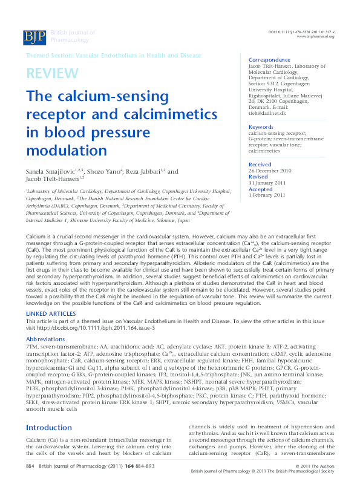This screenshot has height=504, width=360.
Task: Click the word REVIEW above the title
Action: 52,74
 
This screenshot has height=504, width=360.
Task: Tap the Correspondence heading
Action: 269,60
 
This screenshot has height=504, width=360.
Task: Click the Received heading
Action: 260,165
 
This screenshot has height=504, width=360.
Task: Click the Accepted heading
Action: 261,189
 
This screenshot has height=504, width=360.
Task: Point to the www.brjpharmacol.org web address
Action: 315,36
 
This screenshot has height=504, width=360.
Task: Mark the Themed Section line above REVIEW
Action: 113,55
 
